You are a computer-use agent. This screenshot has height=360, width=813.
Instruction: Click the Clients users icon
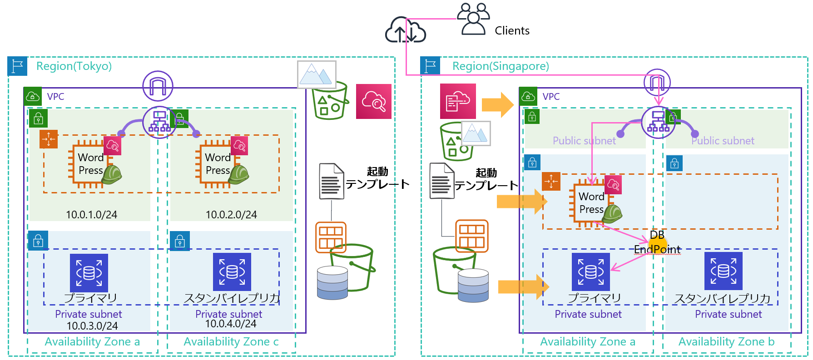coord(473,19)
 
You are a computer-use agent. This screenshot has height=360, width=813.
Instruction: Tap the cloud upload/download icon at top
coord(405,30)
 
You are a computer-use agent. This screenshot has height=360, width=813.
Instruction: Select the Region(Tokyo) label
coord(74,66)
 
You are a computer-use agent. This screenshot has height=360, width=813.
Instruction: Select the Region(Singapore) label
coord(501,66)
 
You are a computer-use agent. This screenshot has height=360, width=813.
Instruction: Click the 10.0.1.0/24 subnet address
coord(91,215)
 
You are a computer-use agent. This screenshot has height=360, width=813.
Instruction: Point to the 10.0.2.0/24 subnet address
coord(231,215)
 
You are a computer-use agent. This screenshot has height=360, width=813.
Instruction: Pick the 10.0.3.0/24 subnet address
coord(92,326)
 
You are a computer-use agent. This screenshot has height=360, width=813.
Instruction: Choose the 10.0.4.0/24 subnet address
coord(231,324)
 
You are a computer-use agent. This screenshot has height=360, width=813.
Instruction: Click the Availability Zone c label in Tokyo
coord(231,342)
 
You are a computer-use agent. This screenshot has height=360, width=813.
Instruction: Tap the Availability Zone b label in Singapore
coord(726,342)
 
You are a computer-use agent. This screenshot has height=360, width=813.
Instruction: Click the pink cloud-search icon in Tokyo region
coord(373,101)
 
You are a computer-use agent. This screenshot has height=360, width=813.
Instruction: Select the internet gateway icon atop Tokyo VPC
coord(158,86)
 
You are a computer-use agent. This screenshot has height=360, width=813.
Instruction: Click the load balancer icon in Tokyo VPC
coord(159,122)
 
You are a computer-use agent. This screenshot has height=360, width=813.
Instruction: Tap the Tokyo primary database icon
coord(89,273)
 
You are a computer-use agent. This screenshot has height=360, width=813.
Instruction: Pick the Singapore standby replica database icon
coord(723,271)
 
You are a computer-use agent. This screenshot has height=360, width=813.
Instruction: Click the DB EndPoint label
coord(657,242)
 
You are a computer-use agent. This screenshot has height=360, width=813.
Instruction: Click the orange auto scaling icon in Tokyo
coord(49,139)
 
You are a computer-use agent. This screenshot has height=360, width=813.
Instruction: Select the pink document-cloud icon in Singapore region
coord(458,101)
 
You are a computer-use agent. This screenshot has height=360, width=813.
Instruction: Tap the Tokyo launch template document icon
coord(331,181)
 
